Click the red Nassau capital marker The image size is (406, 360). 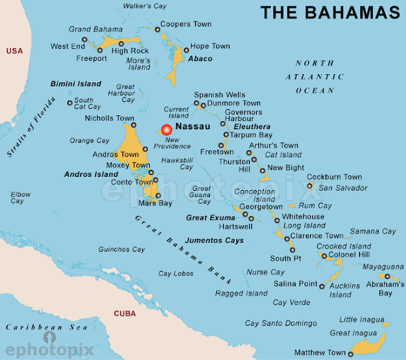pos(167,130)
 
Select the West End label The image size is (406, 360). pos(69,46)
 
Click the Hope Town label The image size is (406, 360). pos(210,46)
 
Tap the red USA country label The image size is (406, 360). pos(14,51)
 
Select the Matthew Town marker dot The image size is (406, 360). pos(350,352)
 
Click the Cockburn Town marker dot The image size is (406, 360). pos(310,186)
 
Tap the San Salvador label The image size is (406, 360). pos(343,188)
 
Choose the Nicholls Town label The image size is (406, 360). pos(109,118)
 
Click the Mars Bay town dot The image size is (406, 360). pos(159,196)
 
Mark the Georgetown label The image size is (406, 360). pos(260,207)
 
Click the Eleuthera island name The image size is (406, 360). pos(252,127)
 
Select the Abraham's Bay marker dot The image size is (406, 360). pos(387,276)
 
